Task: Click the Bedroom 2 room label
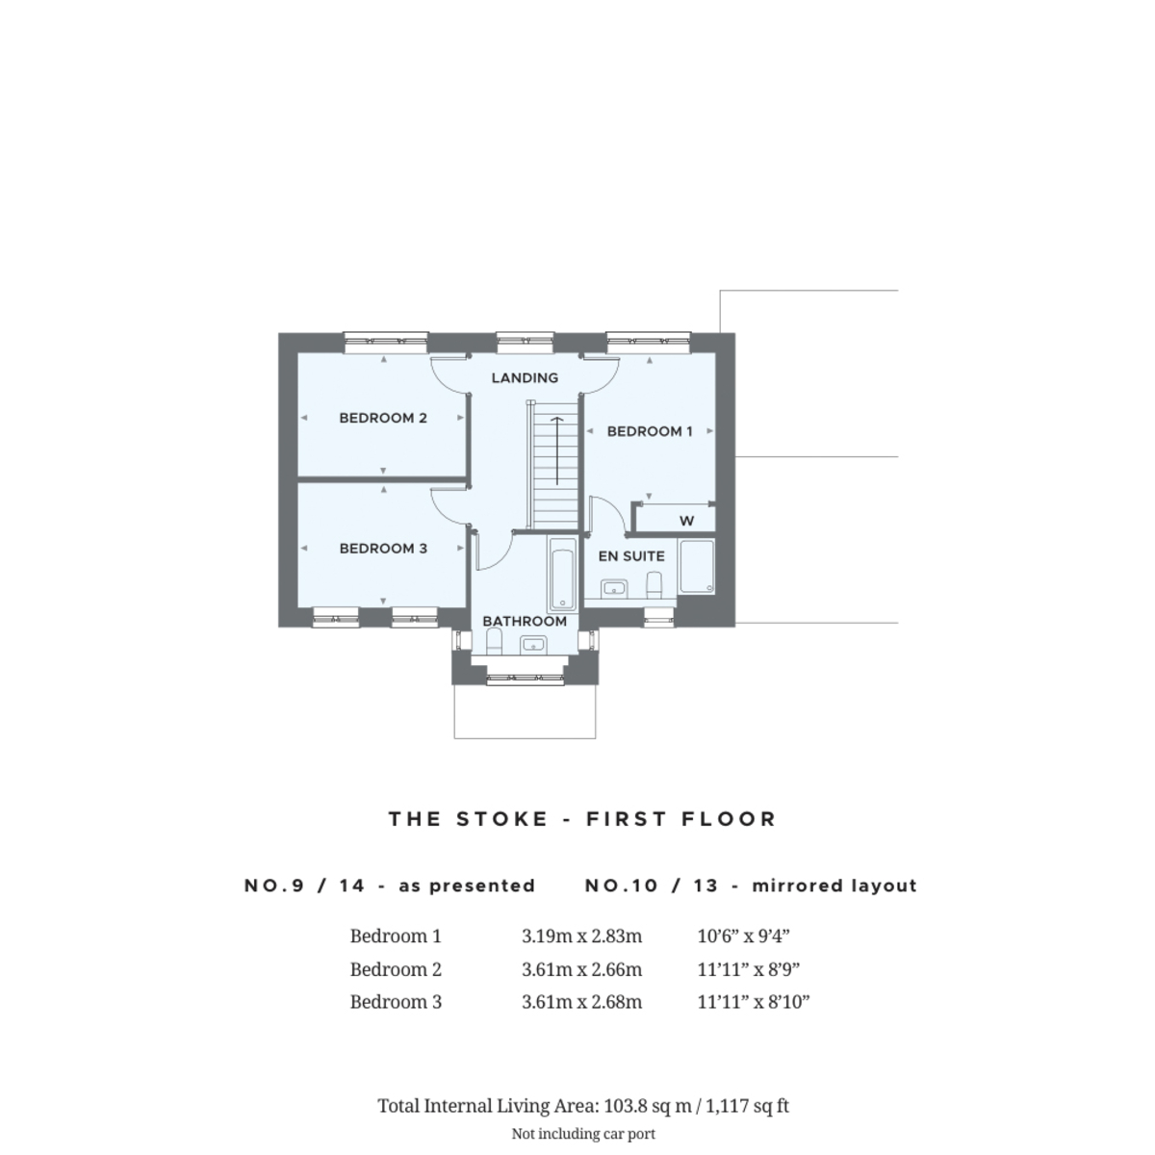pos(383,418)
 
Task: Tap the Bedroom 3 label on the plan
pos(383,549)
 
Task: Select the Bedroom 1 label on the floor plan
pos(650,431)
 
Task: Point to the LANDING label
pos(526,377)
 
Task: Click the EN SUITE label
pos(631,556)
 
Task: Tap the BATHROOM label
pos(525,621)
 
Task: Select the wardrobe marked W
pos(686,521)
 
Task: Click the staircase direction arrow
pos(557,450)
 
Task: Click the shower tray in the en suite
pos(697,566)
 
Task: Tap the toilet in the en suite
pos(654,584)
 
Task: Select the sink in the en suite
pos(614,588)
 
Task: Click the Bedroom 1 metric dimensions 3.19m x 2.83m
pos(581,936)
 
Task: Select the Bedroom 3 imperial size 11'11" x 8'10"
pos(754,1002)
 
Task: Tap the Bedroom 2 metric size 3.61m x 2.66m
pos(581,968)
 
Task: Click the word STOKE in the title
pos(502,819)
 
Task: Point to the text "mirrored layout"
pos(834,885)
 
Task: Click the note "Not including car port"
pos(583,1134)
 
